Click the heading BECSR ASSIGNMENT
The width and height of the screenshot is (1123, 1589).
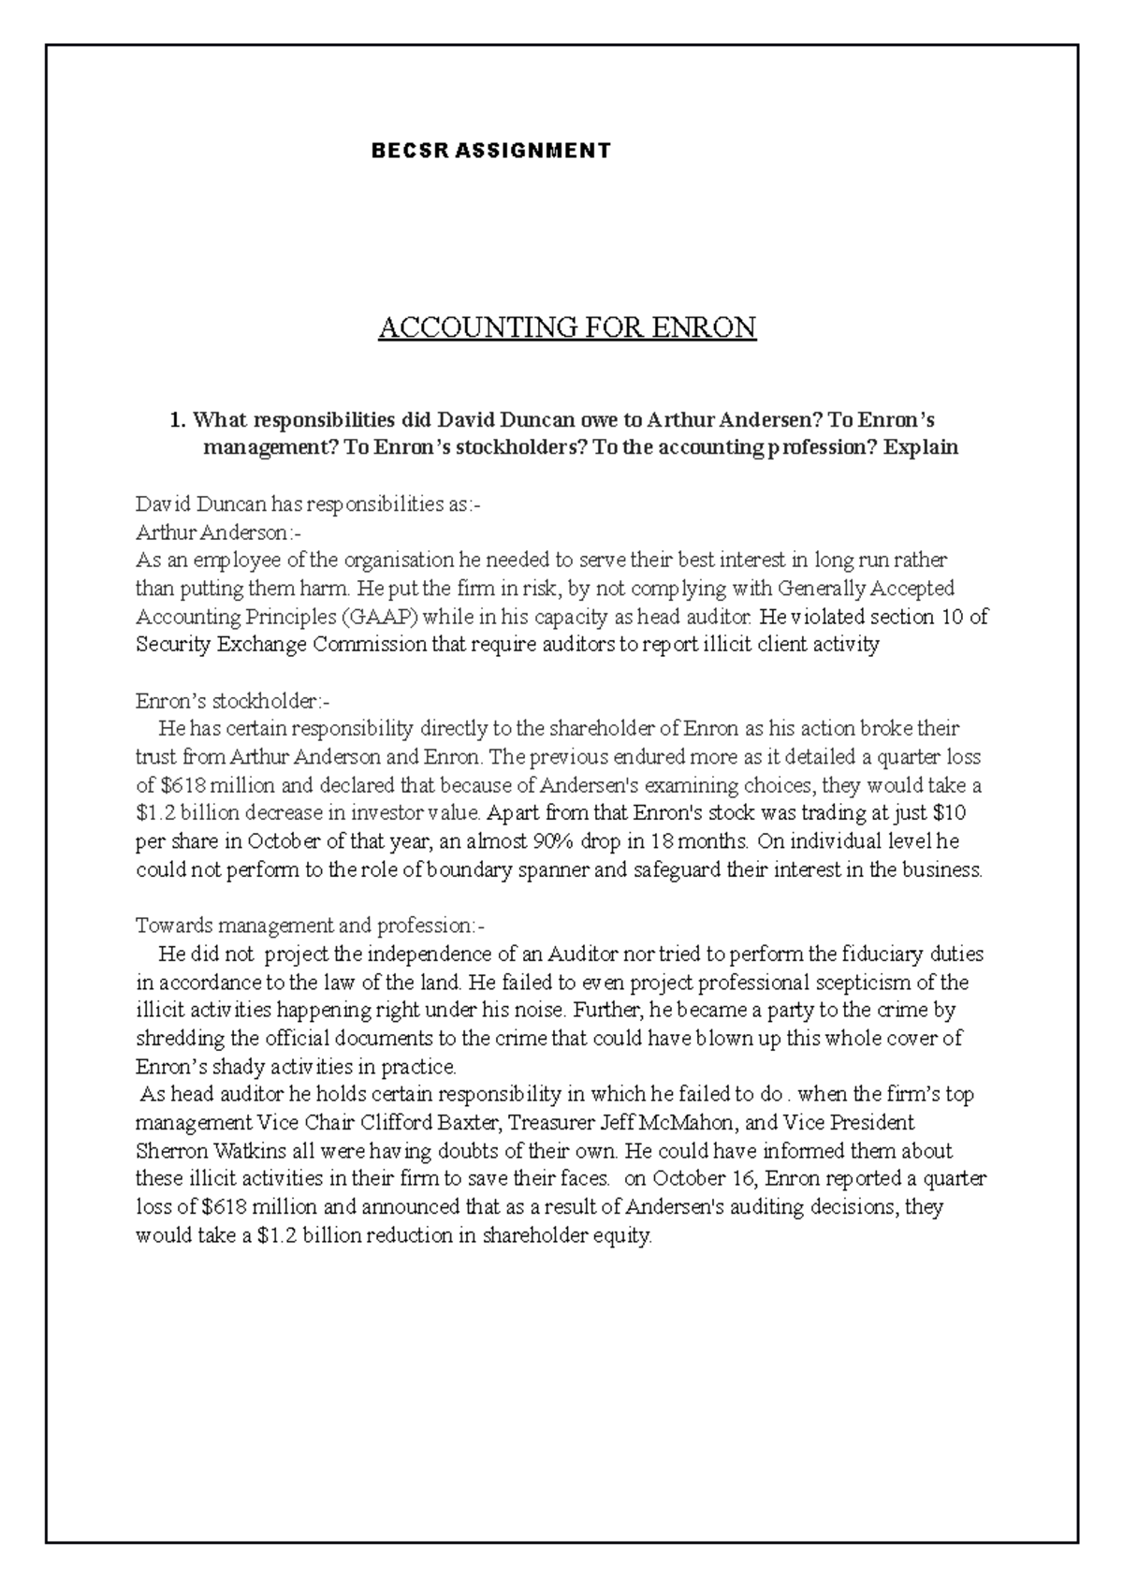pos(490,151)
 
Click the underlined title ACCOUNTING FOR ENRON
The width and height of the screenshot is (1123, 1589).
pos(566,328)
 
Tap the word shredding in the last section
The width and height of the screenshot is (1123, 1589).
pos(180,1038)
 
